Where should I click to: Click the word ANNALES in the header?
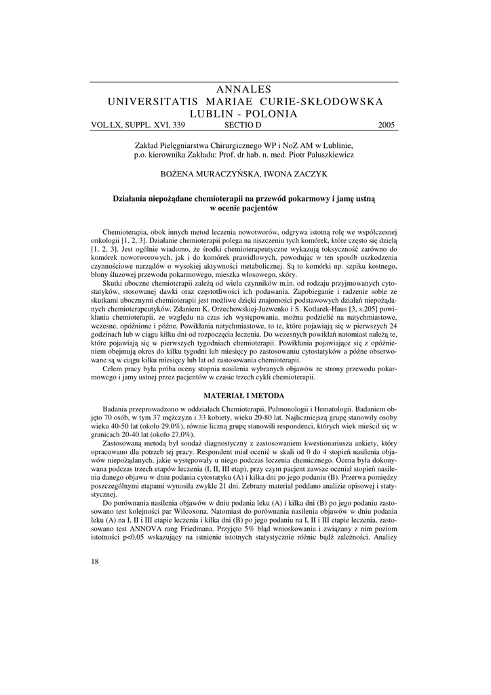click(x=245, y=90)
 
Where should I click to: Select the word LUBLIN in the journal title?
click(x=217, y=113)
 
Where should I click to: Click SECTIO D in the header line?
click(x=242, y=125)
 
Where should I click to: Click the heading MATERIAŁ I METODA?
click(x=245, y=394)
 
